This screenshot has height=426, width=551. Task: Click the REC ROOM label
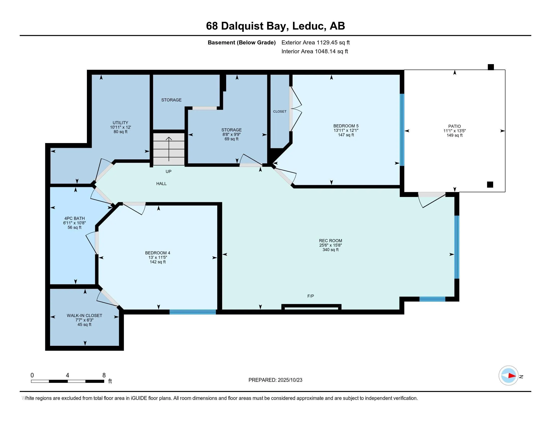tap(330, 241)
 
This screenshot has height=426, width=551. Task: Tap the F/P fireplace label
tap(311, 296)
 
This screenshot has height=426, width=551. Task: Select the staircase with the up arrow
tap(169, 149)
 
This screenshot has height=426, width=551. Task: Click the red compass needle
tap(512, 376)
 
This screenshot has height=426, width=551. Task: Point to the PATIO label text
tap(454, 126)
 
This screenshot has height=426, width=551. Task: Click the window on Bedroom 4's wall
tap(193, 312)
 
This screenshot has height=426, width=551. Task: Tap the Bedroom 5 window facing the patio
tap(402, 130)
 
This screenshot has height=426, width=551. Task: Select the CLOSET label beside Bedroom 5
tap(280, 111)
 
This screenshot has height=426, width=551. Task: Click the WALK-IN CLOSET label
tap(84, 315)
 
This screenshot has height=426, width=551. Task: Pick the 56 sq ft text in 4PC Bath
tap(74, 227)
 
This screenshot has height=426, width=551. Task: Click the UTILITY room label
tap(120, 123)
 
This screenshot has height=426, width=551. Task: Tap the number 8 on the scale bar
tap(104, 375)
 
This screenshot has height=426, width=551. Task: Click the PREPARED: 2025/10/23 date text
tap(275, 380)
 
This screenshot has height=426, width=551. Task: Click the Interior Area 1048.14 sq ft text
tap(315, 51)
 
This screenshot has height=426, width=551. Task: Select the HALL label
tap(161, 184)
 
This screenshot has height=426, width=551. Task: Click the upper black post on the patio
tap(490, 67)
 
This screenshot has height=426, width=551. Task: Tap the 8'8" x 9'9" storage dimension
tap(231, 135)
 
